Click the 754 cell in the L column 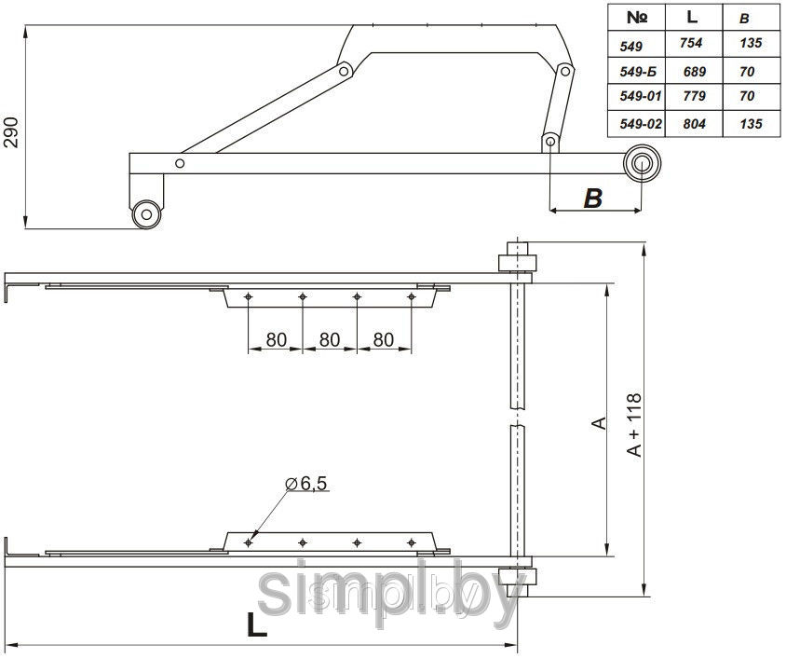click(x=691, y=43)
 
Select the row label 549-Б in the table click(x=638, y=72)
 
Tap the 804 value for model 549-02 click(x=694, y=123)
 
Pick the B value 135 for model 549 click(x=751, y=43)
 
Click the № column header click(x=637, y=18)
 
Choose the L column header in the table click(x=692, y=17)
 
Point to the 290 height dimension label click(x=11, y=132)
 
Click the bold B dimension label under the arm click(x=593, y=199)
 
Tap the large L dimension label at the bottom click(x=257, y=624)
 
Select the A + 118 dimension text click(x=634, y=425)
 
